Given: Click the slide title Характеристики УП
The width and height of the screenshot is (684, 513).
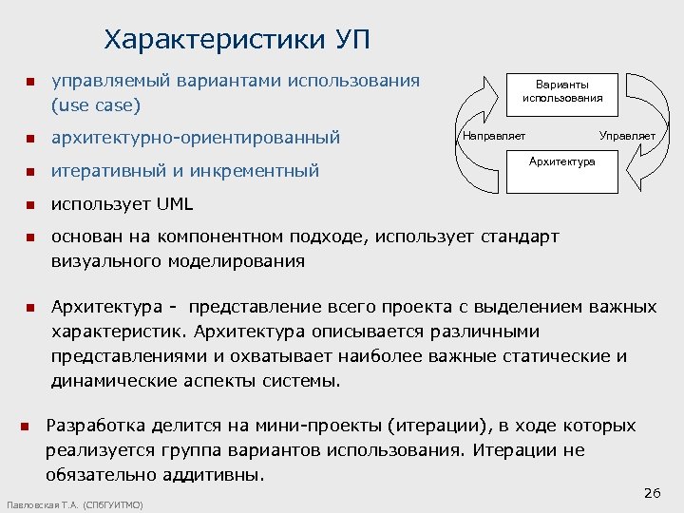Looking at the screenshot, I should coord(237,41).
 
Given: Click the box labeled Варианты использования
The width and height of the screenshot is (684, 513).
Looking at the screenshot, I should coord(561,92).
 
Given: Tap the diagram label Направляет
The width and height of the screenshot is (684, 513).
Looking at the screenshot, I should coord(493,137).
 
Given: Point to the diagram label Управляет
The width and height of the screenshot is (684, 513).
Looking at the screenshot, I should coord(627,137).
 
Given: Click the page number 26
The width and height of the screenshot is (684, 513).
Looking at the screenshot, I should coord(652,492).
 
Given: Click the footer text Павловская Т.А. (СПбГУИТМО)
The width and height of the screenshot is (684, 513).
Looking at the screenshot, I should coord(75,504).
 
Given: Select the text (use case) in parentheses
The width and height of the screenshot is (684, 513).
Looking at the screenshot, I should coord(96,104).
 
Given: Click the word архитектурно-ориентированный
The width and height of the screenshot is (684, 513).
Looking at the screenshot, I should coord(195,139).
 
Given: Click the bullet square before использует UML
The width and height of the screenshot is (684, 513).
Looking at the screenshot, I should coord(29,205).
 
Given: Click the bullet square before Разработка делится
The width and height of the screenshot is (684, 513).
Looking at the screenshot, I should coord(25,427).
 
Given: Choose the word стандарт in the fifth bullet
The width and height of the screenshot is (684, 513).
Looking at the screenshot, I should coord(521,237).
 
